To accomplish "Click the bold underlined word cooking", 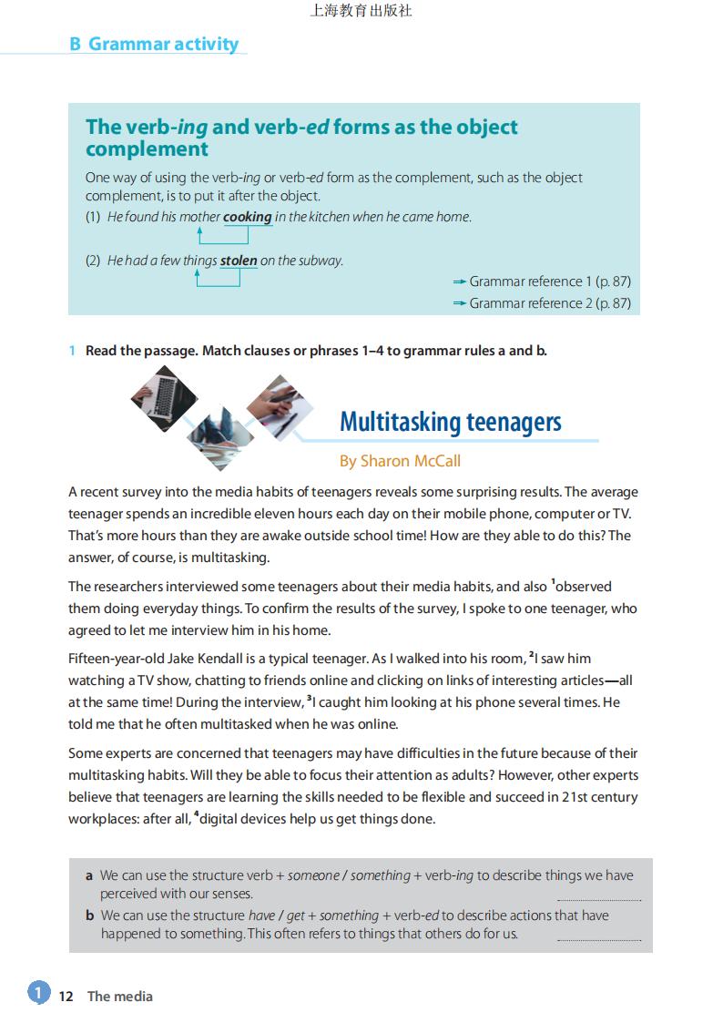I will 248,217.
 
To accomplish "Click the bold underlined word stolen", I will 239,261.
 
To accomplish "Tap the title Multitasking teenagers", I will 450,422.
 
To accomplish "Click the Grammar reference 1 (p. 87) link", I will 549,281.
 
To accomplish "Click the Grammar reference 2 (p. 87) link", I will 549,303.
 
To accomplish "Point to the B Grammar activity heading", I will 154,44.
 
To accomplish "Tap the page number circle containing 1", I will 38,992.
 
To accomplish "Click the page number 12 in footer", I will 66,996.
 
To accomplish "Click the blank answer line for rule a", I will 598,898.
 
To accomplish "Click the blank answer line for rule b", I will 598,938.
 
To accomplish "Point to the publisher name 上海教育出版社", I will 361,11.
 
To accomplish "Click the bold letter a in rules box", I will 89,875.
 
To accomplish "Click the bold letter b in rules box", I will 90,916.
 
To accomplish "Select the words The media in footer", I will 120,996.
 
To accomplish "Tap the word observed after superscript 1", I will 584,587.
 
